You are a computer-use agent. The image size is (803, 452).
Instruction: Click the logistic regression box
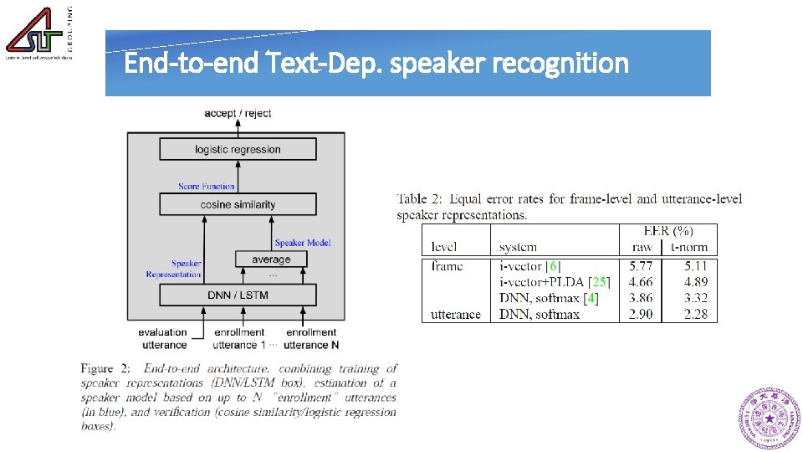[238, 150]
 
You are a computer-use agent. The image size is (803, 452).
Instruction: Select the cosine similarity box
[238, 204]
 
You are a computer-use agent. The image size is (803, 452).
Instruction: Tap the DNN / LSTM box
[238, 295]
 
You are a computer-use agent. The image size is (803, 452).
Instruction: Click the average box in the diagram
[271, 259]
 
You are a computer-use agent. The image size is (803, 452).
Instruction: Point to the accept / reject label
[238, 113]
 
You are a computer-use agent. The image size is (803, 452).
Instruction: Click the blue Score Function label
[207, 186]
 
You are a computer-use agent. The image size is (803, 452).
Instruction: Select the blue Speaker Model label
[303, 243]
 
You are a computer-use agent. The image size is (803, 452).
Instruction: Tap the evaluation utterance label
[164, 338]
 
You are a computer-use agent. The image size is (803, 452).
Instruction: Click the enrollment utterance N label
[311, 338]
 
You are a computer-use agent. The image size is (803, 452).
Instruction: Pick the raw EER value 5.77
[642, 266]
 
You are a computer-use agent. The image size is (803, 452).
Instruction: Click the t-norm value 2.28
[695, 315]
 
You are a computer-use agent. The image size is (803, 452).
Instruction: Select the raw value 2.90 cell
[642, 315]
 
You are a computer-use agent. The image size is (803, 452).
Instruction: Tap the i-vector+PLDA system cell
[555, 282]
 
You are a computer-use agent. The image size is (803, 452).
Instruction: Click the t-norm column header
[688, 247]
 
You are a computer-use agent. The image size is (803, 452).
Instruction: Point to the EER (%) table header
[667, 231]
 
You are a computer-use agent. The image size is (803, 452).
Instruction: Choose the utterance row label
[456, 315]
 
